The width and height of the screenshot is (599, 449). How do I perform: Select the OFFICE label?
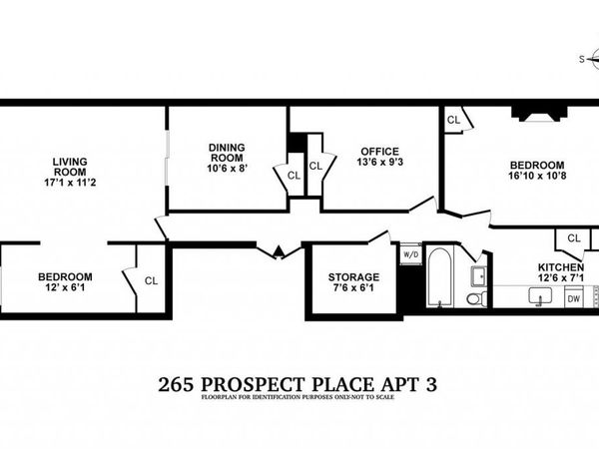pos(379,152)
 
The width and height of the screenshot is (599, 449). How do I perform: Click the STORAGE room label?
pos(353,276)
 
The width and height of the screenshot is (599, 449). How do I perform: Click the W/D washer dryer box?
pos(410,254)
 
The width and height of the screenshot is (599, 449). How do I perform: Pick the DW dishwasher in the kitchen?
pos(574,298)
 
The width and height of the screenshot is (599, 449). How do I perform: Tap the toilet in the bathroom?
pos(476,297)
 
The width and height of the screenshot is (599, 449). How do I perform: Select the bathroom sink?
pos(478,273)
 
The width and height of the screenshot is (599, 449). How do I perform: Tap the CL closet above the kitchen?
pos(573,238)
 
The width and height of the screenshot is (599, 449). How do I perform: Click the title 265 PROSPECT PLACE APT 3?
pos(298,383)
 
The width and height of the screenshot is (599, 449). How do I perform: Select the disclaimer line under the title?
pos(298,398)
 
